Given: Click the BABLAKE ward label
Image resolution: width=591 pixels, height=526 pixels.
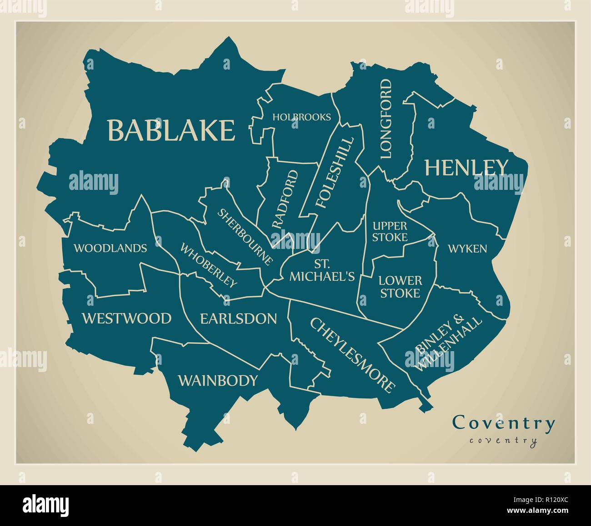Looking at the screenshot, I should point(171,130).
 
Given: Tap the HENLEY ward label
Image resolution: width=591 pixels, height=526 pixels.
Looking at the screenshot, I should point(466,168).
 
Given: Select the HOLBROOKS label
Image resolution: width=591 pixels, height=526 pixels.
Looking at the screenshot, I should point(301,117).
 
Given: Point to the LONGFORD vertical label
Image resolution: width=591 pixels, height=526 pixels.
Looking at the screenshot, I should point(385,119).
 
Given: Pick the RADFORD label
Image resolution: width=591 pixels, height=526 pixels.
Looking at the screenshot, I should point(285,199).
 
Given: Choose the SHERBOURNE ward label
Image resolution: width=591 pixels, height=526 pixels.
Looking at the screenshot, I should point(245,237).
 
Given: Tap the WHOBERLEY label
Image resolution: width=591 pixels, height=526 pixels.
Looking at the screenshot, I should point(209,266).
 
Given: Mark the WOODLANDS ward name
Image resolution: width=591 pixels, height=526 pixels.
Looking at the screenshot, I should point(110,248).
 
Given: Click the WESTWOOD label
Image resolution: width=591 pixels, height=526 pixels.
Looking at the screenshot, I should point(126,318).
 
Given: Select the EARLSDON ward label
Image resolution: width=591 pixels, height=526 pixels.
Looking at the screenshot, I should point(238,318).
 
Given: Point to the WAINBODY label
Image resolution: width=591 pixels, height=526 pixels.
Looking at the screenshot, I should point(218,380).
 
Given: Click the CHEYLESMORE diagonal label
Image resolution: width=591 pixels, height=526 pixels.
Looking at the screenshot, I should point(352,355).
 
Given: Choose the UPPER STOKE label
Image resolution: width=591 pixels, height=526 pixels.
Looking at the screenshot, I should point(390,231).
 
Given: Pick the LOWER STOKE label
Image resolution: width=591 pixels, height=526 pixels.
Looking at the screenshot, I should point(400,287).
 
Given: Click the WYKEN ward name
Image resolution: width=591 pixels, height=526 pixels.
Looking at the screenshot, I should point(467,248).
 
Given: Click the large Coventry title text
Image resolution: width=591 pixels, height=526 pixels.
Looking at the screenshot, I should point(504,423).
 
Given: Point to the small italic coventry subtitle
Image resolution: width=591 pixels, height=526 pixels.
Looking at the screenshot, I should point(503,440).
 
